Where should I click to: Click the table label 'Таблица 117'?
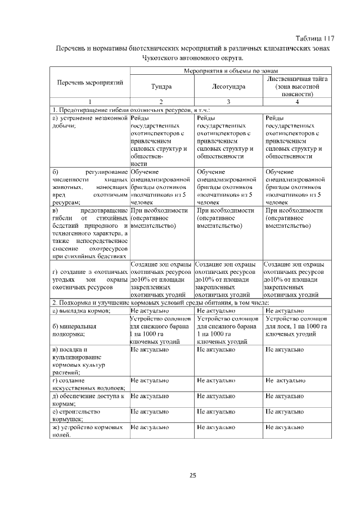[314, 38]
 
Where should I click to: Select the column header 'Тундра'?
[161, 87]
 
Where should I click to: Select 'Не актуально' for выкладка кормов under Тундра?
[147, 310]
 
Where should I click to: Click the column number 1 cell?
[89, 101]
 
